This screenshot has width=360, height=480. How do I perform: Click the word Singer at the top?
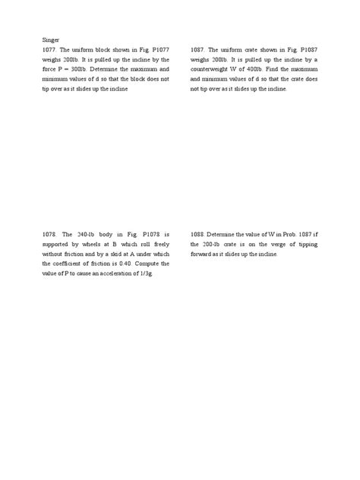(x=47, y=37)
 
